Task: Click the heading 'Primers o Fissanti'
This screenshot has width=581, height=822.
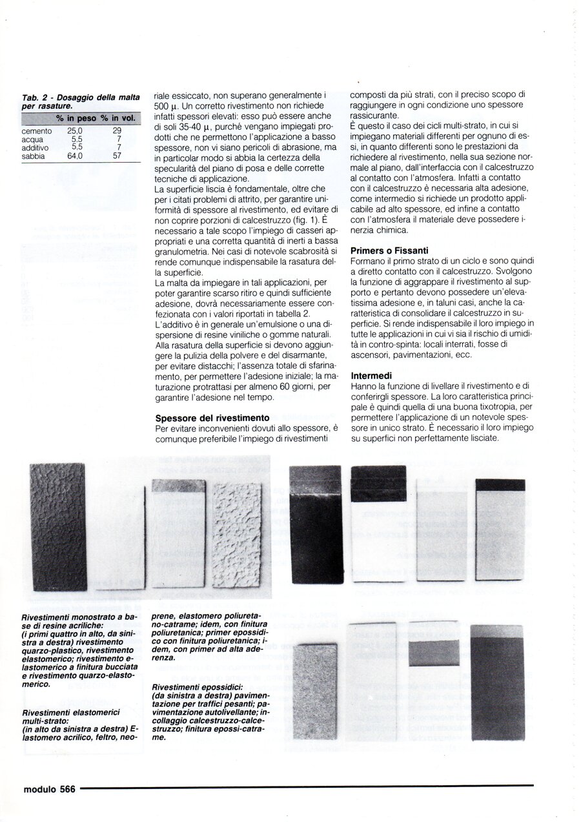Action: (x=390, y=250)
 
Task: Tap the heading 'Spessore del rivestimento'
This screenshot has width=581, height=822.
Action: (x=207, y=418)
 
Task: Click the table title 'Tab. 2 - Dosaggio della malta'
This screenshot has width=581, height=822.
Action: (x=81, y=97)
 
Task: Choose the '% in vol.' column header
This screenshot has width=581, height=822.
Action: (x=117, y=118)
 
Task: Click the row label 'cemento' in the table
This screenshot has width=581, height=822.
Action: (x=36, y=130)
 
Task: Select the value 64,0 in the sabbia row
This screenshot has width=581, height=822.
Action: (x=75, y=156)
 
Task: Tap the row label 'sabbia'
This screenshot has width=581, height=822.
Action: (x=33, y=156)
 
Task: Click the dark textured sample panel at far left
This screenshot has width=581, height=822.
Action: (x=58, y=526)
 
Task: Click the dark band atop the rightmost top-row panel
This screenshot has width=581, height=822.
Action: (x=500, y=485)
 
